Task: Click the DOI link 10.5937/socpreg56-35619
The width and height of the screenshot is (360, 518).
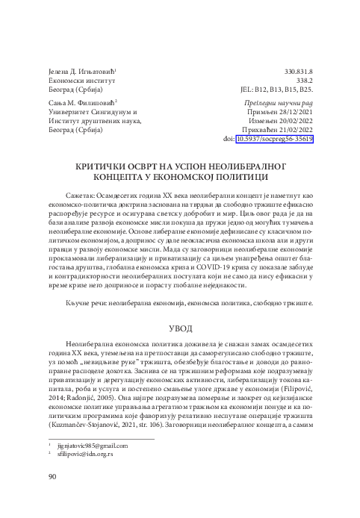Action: pyautogui.click(x=274, y=139)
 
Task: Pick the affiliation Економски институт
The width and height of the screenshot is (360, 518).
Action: pyautogui.click(x=80, y=81)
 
